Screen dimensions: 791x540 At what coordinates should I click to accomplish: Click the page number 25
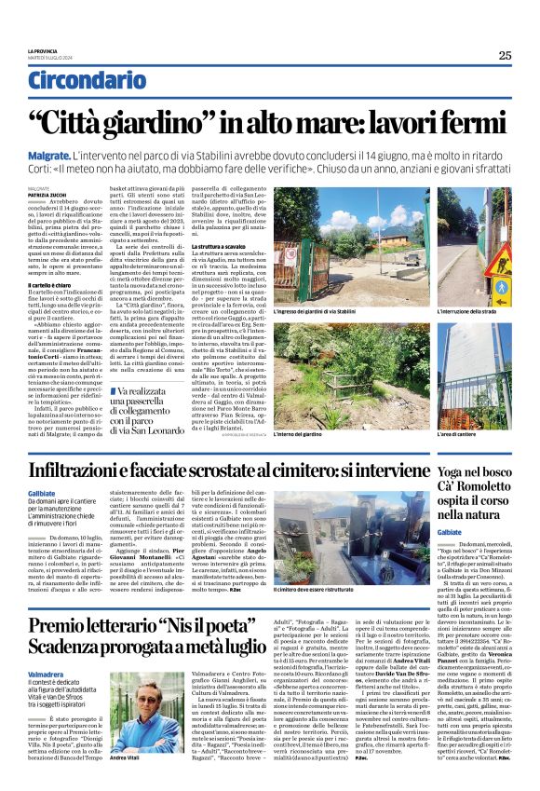point(504,55)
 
